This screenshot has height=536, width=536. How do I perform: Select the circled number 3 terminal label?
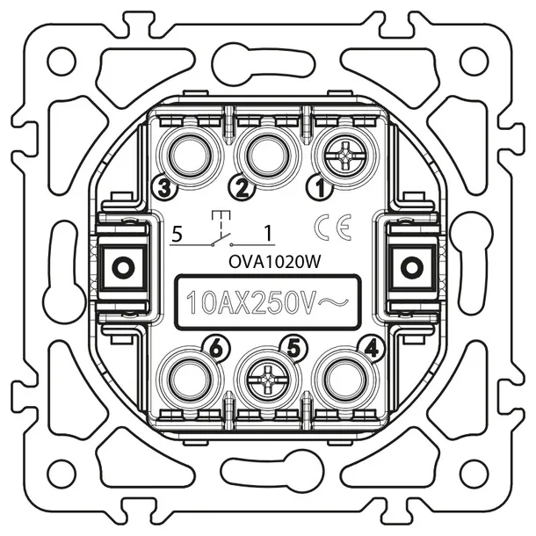(161, 185)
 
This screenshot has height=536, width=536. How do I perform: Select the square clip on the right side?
(409, 264)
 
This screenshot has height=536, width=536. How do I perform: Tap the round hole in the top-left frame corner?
(61, 62)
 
